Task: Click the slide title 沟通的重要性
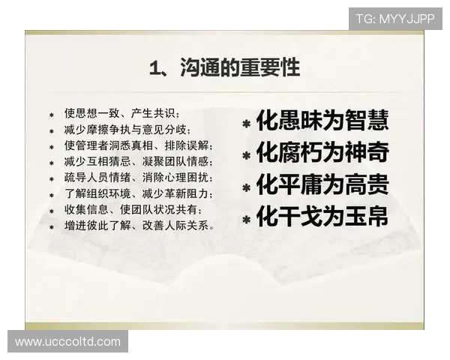click(x=239, y=69)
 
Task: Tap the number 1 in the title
click(x=154, y=70)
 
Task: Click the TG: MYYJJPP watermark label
click(x=395, y=18)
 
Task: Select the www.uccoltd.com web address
click(x=67, y=341)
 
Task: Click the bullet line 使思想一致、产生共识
click(x=121, y=114)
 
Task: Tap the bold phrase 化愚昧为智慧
click(x=322, y=120)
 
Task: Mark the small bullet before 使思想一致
click(x=52, y=115)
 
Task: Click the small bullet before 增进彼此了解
click(x=52, y=226)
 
